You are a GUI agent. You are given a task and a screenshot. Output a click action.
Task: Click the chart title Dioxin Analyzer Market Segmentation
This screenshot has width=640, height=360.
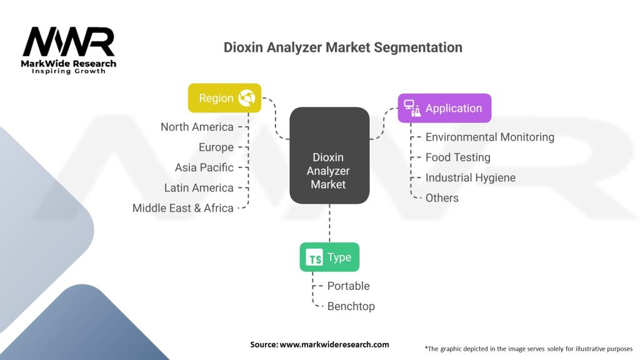(343, 47)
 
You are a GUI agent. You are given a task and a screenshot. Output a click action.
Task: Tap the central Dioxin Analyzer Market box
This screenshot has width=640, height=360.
(329, 156)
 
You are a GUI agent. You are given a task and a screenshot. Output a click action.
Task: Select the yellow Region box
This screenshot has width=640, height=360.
(224, 98)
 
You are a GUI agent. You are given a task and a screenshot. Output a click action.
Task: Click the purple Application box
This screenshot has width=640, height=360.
(444, 108)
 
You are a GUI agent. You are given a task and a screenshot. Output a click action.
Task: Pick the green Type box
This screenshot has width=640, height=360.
(329, 257)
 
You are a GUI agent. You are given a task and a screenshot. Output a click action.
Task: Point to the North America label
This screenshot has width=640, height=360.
(197, 127)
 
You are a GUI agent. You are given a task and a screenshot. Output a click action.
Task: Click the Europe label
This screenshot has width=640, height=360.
(216, 147)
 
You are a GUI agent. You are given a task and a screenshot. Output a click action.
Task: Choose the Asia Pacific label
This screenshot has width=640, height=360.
(204, 167)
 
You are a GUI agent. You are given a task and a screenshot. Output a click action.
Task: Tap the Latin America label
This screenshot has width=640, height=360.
(199, 187)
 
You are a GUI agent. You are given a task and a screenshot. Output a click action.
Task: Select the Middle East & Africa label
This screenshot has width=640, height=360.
(182, 208)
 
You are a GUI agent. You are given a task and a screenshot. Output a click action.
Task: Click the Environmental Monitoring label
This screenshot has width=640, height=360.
(489, 137)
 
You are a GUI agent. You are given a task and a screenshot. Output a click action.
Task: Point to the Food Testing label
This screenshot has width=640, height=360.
(457, 157)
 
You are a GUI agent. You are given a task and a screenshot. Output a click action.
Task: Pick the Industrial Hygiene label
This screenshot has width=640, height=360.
(470, 177)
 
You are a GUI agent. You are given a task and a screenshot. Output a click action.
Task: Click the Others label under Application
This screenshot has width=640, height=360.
(442, 198)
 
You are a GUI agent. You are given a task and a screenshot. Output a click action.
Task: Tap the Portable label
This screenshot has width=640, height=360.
(348, 286)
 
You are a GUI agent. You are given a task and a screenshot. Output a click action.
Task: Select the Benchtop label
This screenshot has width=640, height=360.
(351, 306)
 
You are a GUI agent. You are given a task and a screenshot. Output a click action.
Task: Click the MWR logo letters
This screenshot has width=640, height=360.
(69, 42)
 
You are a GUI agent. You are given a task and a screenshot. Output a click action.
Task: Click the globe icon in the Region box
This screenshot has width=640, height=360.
(246, 98)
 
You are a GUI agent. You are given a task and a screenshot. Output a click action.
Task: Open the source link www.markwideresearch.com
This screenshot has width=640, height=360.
(334, 344)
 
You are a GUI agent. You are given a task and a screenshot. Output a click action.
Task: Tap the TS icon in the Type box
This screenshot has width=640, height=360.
(314, 257)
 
